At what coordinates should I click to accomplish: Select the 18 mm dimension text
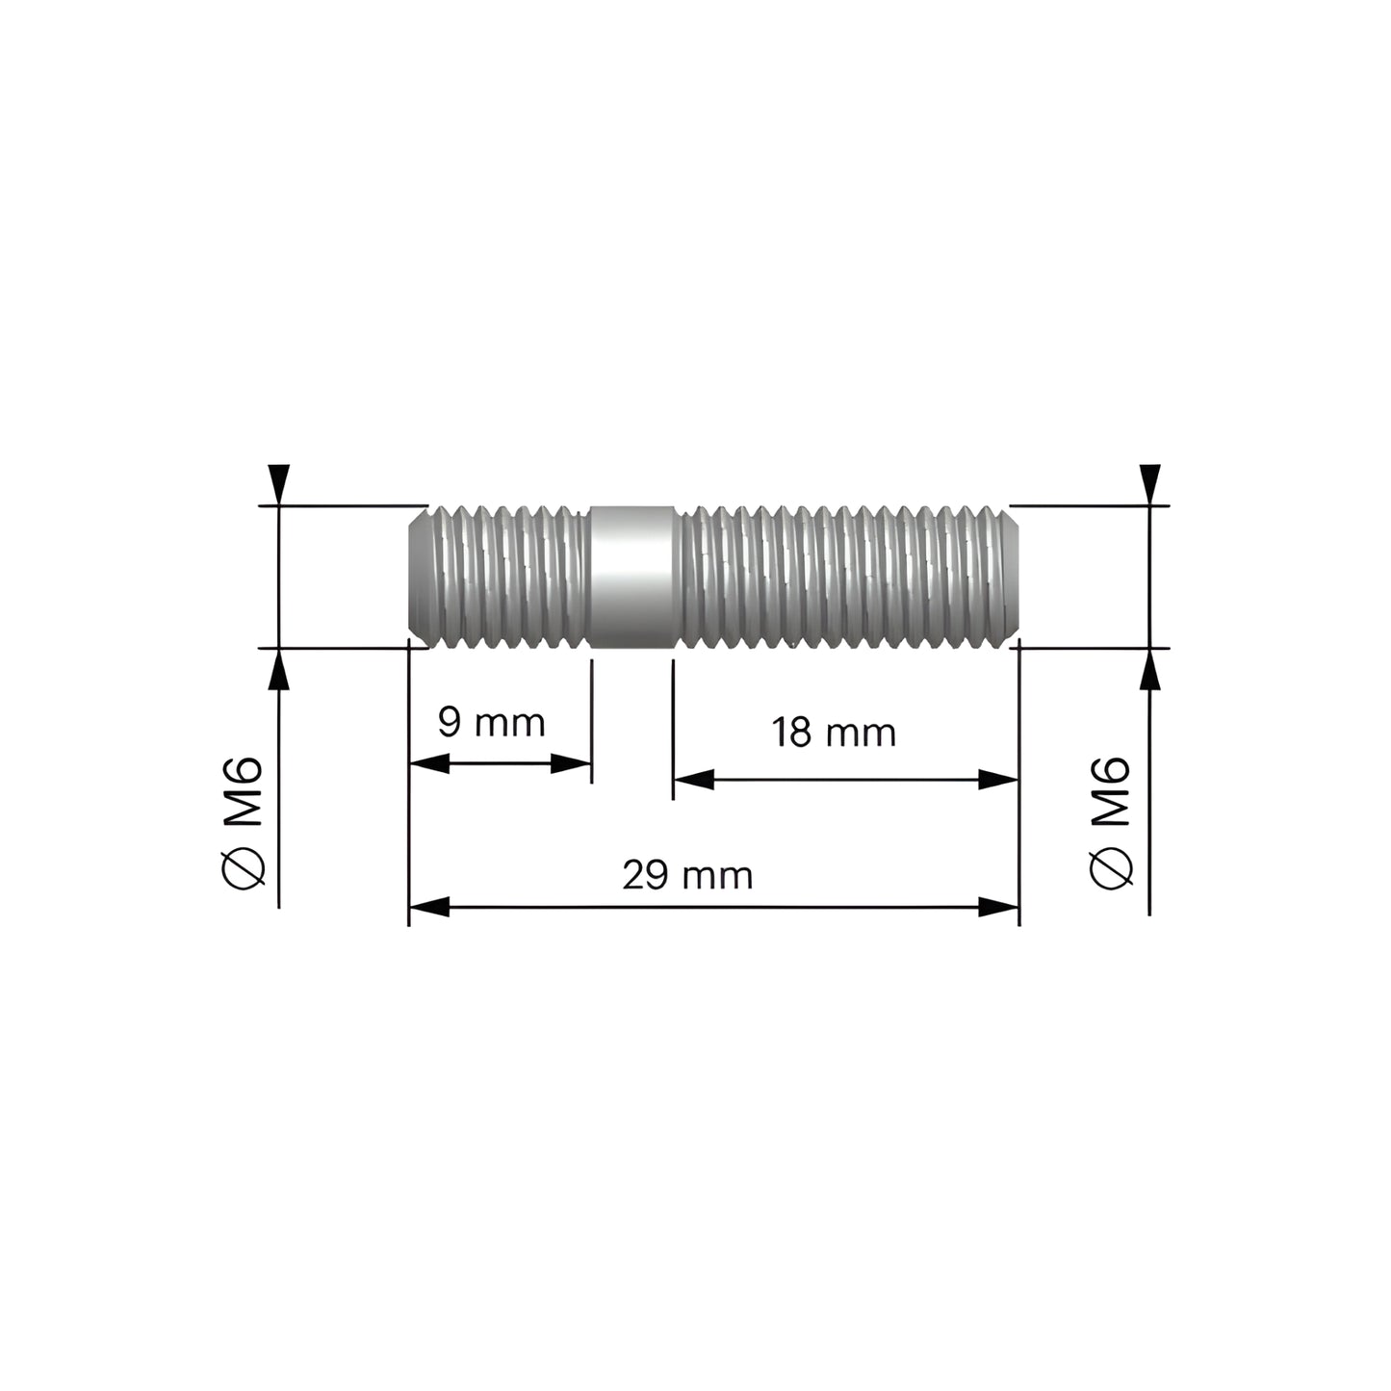click(x=834, y=734)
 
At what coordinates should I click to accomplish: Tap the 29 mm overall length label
click(x=687, y=876)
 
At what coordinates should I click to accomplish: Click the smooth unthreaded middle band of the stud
click(x=630, y=577)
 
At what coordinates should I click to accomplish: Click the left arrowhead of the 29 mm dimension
click(x=429, y=907)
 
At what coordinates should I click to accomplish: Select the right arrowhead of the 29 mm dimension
click(x=999, y=907)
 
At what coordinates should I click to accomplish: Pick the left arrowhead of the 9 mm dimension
click(x=429, y=764)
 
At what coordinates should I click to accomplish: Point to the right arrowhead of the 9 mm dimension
click(x=571, y=764)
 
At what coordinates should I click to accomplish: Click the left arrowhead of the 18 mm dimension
click(x=693, y=780)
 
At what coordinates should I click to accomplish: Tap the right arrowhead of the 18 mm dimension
click(x=999, y=780)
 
